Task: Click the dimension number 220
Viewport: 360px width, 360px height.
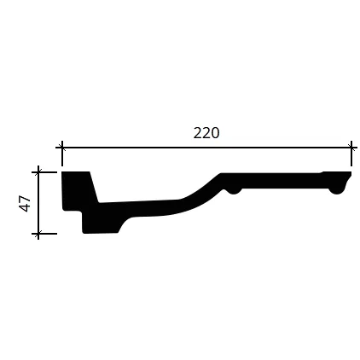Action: coord(206,133)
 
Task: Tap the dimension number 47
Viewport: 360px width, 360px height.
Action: coord(25,203)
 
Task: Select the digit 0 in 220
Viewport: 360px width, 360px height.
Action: coord(215,133)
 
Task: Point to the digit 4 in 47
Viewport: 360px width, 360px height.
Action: coord(25,207)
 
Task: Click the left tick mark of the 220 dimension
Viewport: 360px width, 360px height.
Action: coord(61,148)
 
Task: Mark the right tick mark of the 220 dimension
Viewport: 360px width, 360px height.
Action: coord(351,148)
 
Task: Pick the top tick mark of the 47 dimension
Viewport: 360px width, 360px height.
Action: coord(38,172)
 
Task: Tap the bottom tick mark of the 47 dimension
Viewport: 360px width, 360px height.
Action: coord(38,234)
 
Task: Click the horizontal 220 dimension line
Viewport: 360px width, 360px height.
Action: coord(206,148)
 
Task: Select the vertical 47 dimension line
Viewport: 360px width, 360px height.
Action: coord(38,203)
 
